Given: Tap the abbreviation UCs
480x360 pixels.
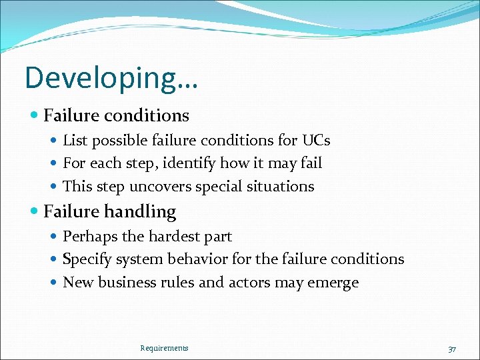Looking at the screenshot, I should point(316,141).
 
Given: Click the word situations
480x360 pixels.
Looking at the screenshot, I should point(279,187).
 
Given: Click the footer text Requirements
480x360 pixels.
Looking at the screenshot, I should point(164,348).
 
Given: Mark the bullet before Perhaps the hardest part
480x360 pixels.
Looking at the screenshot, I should point(56,237).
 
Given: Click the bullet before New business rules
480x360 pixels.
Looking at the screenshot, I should point(56,283).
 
